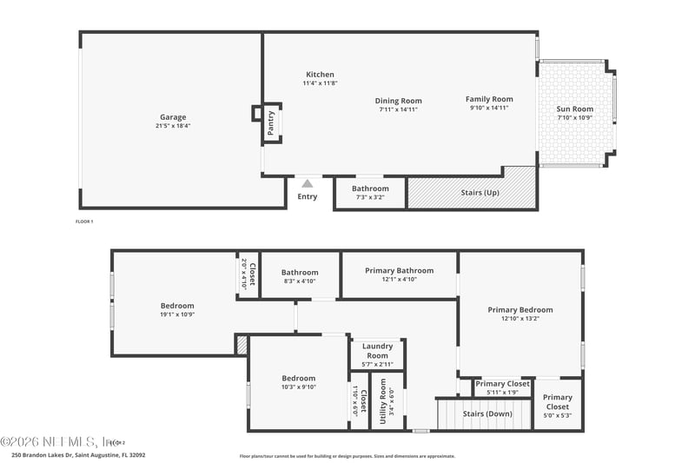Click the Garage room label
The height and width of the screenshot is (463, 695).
pyautogui.click(x=173, y=117)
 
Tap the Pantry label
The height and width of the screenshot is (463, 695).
pyautogui.click(x=271, y=122)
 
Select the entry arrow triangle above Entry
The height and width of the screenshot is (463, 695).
pyautogui.click(x=307, y=183)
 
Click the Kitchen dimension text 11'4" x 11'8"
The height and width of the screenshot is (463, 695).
pyautogui.click(x=320, y=84)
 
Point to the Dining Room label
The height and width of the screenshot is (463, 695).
pyautogui.click(x=399, y=101)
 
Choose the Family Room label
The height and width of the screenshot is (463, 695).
pyautogui.click(x=489, y=99)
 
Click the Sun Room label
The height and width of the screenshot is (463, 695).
pyautogui.click(x=575, y=109)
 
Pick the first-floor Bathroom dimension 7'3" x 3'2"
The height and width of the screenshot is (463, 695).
pyautogui.click(x=370, y=197)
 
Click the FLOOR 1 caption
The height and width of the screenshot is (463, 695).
pyautogui.click(x=84, y=222)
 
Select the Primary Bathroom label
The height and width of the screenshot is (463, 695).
pyautogui.click(x=399, y=270)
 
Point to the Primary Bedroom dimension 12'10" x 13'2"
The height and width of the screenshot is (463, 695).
pyautogui.click(x=520, y=319)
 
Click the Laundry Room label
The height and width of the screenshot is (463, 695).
pyautogui.click(x=377, y=352)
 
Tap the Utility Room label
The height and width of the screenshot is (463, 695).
pyautogui.click(x=383, y=403)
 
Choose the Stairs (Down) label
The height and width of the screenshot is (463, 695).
pyautogui.click(x=486, y=413)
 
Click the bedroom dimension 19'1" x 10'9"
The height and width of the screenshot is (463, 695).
pyautogui.click(x=177, y=314)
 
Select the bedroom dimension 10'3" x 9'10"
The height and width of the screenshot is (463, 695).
pyautogui.click(x=298, y=387)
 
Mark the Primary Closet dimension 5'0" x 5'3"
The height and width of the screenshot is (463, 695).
pyautogui.click(x=558, y=416)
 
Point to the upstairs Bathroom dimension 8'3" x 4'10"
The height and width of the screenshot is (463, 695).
pyautogui.click(x=300, y=281)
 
